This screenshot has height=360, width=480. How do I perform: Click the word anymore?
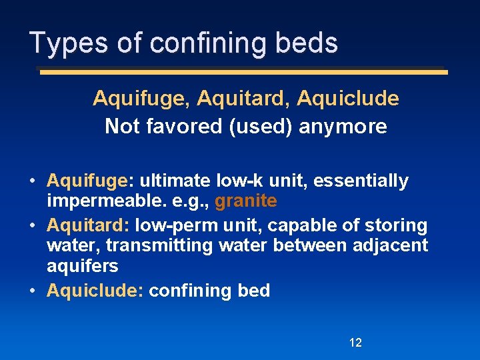pos(343,126)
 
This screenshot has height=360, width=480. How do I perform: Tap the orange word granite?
pos(246,201)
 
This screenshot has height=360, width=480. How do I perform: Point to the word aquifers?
pos(83,266)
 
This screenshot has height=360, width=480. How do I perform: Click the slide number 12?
pos(355,343)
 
